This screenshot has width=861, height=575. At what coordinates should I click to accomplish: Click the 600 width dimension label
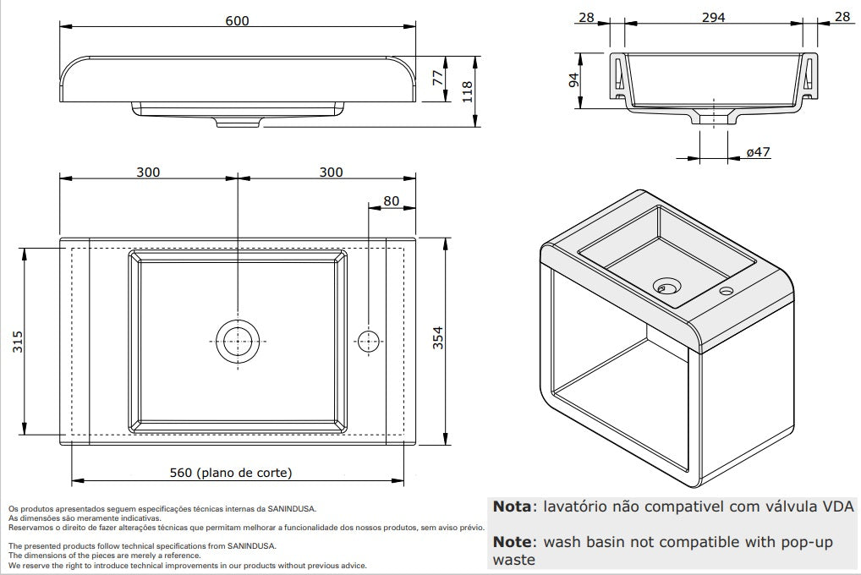(x=237, y=20)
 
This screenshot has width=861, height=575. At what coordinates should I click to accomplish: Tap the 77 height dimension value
(x=437, y=78)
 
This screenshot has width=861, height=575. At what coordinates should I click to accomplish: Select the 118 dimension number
(x=467, y=91)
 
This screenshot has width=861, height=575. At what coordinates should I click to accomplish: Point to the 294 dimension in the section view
(x=713, y=18)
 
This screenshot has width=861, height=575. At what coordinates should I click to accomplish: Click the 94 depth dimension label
(x=573, y=80)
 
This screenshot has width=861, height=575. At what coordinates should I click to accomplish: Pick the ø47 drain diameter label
(x=758, y=152)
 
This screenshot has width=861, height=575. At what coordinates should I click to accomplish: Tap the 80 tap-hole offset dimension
(x=392, y=201)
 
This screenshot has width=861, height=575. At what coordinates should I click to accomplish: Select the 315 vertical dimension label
(x=18, y=342)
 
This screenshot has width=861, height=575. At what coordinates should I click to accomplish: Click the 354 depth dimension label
(x=437, y=337)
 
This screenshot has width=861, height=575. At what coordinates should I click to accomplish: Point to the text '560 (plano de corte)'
(x=231, y=473)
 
